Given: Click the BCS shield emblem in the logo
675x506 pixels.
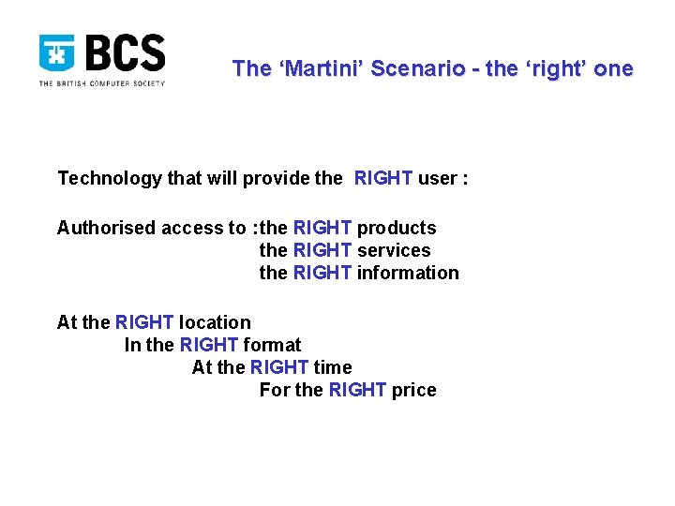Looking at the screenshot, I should coord(56,54).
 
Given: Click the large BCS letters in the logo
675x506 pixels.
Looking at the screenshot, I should coord(125,54).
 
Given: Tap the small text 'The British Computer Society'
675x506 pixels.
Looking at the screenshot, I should coord(101,83).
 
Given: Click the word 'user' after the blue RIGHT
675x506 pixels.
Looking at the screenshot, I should coord(437,179).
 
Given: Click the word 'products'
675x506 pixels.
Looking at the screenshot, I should coord(397,228).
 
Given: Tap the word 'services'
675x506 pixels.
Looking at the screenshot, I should coord(394,250).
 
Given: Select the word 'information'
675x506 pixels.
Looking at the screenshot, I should coord(408,273).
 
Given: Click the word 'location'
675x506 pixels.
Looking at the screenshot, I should coord(215,322).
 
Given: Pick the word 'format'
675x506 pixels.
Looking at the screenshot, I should coord(273,345).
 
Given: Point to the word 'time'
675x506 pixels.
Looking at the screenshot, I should coord(333,367).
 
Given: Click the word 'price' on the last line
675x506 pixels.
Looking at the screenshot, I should coord(413,390).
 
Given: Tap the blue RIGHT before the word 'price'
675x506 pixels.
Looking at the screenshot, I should coord(357,390).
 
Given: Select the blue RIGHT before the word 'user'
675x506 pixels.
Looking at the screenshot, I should coord(382,179).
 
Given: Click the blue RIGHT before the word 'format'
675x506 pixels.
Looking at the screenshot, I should coord(208,345).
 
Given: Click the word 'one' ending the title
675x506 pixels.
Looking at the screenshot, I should coord(614,68).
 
